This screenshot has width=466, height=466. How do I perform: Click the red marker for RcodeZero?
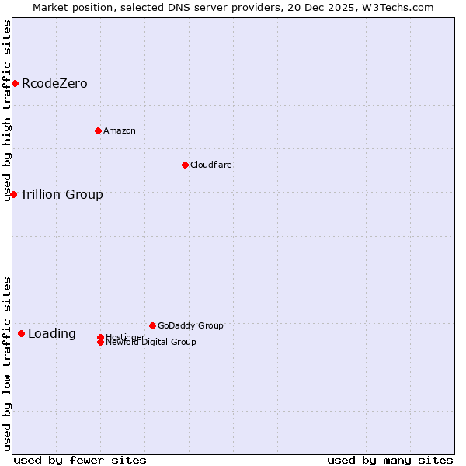point(15,83)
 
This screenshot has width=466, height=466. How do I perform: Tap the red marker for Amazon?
point(98,130)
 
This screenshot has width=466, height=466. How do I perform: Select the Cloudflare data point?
point(185,165)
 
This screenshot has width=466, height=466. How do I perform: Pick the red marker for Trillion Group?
point(13,194)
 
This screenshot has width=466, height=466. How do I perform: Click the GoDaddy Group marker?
point(152,325)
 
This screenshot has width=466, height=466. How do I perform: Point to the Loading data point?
point(21,333)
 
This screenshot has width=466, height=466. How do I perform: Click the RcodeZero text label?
point(54,83)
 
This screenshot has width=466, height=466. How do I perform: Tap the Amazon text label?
point(120,130)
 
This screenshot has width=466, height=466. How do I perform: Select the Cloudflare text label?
point(211,165)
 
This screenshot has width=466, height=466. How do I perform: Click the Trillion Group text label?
point(61,194)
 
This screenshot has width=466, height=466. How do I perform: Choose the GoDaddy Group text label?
point(190,325)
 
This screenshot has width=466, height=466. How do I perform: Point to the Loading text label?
point(52,334)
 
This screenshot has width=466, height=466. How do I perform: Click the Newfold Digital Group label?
point(151,343)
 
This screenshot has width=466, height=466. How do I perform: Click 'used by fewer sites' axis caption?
point(80,460)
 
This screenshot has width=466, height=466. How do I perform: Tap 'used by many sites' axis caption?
point(390,460)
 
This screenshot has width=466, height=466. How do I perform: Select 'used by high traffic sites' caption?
point(8,110)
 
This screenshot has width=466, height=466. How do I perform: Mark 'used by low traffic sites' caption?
point(8,363)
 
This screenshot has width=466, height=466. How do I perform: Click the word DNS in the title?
point(179,8)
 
